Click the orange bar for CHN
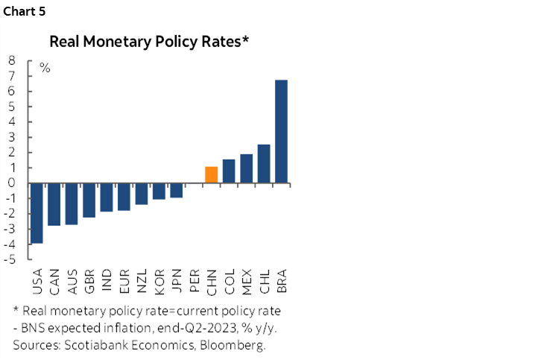(211, 174)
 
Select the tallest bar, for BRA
(281, 131)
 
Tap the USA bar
(37, 213)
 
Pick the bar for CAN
(54, 204)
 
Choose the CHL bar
(264, 163)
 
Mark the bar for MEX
(246, 168)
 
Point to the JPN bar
(176, 190)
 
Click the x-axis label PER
(194, 281)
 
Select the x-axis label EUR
(124, 281)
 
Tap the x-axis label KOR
(159, 281)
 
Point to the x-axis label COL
(229, 281)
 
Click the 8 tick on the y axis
(13, 60)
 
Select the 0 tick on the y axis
(13, 183)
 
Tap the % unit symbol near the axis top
(45, 68)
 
